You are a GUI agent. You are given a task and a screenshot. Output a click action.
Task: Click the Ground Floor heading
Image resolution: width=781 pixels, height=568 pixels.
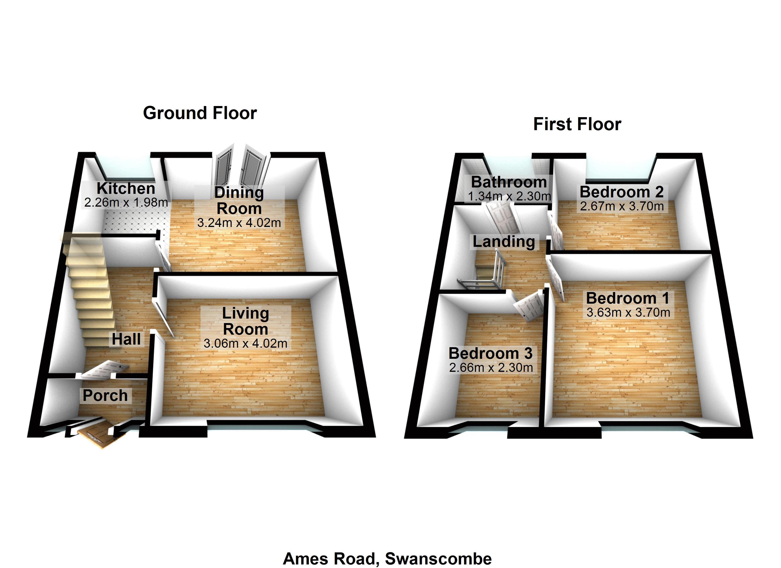200,113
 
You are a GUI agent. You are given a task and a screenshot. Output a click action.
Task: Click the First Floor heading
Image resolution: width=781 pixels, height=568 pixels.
577,124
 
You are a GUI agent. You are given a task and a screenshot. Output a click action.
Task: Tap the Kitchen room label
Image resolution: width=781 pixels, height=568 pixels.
126,188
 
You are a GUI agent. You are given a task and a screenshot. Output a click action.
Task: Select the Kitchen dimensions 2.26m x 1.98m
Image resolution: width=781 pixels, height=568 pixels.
126,203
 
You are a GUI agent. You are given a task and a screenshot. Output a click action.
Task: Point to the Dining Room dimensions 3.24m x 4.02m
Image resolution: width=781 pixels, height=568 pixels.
239,223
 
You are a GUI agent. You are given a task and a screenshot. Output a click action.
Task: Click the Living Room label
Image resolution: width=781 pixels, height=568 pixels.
245,321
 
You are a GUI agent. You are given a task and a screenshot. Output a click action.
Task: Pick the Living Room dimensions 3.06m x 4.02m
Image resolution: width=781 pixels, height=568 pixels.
245,343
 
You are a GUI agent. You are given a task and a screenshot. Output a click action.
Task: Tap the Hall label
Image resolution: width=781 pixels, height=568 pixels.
126,339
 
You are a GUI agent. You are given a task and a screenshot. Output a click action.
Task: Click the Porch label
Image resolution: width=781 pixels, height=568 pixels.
105,395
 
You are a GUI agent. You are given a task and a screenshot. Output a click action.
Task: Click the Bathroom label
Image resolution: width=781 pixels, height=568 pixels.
509,182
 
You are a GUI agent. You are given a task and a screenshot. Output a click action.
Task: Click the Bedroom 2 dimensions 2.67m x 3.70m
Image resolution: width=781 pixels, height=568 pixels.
621,206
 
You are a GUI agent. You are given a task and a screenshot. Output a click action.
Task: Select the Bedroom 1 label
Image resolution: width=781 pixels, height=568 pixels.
628,298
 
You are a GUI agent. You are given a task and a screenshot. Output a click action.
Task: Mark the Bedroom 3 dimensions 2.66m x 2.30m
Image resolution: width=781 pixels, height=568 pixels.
491,368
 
